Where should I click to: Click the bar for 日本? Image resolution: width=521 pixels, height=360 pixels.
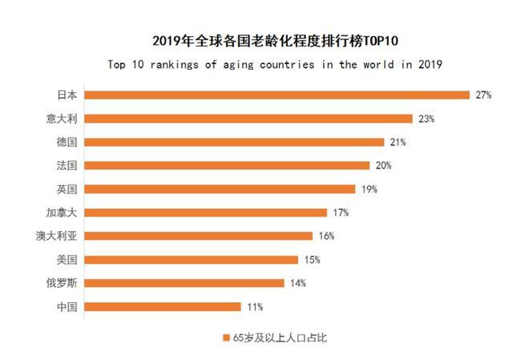pos(277,95)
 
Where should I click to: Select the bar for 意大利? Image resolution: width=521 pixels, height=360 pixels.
pos(248,119)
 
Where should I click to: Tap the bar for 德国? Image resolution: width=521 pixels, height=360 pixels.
pos(234,142)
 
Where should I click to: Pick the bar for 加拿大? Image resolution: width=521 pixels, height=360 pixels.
pos(206,212)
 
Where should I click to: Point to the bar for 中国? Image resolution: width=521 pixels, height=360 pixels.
pos(163,306)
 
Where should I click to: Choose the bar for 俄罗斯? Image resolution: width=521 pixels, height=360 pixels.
pos(184,283)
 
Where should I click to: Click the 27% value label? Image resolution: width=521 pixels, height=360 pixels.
pos(483,95)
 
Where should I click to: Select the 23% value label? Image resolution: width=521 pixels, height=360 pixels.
pos(426,119)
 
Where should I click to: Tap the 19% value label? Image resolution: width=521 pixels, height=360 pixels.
pos(369,189)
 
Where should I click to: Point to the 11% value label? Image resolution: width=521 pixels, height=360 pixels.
pos(255,306)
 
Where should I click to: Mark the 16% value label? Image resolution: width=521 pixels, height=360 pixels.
pos(325,236)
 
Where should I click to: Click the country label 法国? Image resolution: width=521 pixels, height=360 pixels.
pos(67,166)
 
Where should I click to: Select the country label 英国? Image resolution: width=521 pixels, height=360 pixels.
pos(67,189)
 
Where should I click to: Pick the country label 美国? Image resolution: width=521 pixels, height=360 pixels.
pos(67,260)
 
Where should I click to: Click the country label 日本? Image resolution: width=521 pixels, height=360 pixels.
pos(67,95)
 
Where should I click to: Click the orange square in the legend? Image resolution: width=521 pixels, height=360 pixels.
pos(226,338)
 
